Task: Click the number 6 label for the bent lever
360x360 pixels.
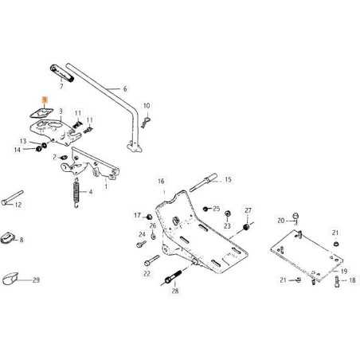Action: [124, 90]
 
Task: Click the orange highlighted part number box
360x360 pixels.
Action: [45, 101]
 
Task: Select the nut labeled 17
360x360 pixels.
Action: [149, 216]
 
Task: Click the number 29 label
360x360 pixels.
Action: [35, 280]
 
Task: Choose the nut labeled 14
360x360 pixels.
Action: [37, 149]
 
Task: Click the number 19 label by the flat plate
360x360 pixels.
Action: [343, 272]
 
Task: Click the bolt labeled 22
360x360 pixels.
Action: [148, 261]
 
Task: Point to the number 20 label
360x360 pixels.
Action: [280, 221]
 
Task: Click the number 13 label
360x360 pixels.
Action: [23, 140]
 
